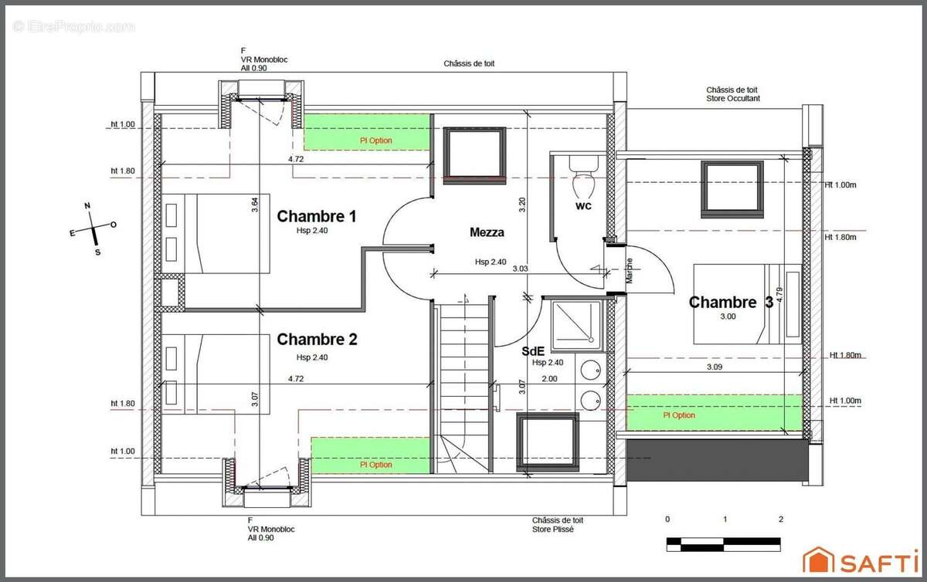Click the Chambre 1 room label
317,216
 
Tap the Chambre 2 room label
317,339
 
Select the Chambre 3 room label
731,303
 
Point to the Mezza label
487,232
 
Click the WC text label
583,205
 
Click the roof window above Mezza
474,155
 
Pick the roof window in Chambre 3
732,189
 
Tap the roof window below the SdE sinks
548,442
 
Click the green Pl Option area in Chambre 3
715,413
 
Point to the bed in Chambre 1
216,234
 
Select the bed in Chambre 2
216,374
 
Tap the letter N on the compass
87,205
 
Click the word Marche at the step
630,270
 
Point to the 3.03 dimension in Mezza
520,269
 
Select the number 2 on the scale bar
780,519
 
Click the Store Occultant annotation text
733,99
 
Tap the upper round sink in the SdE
590,370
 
